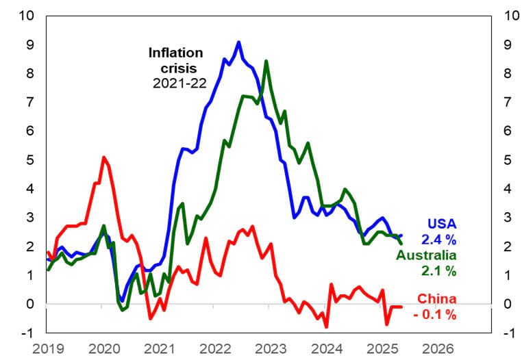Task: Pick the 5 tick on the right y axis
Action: pos(508,159)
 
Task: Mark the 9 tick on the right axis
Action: pos(508,44)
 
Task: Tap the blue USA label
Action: pos(442,224)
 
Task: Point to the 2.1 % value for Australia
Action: pos(439,271)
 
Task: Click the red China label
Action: pos(436,299)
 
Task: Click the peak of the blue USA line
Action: pos(238,42)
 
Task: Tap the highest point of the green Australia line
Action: pos(266,61)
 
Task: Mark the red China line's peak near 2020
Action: pos(103,157)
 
